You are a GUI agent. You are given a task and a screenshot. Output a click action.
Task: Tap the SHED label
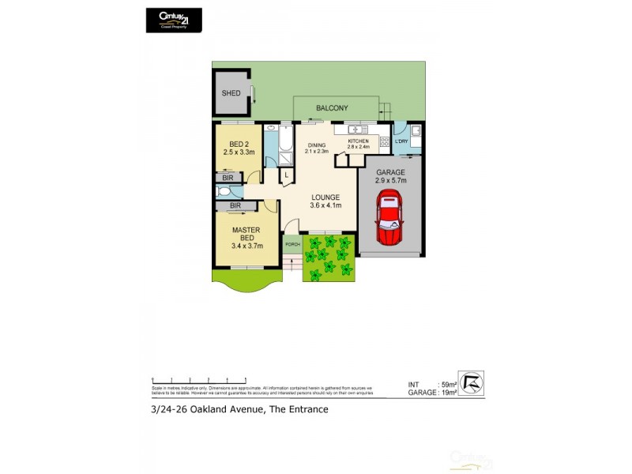click(231, 93)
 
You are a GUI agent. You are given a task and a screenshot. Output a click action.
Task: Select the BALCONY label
click(332, 108)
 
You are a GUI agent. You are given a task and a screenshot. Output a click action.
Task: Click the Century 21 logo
click(174, 20)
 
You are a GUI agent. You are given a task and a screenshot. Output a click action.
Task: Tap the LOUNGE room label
click(325, 197)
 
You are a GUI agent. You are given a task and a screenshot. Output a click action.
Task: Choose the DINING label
click(318, 145)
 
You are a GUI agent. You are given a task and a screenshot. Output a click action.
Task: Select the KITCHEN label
click(359, 141)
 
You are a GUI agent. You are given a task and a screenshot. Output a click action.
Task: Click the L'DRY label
click(401, 141)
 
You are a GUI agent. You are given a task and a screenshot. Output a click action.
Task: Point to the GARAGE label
click(390, 172)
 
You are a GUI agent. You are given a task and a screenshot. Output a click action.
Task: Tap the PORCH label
click(292, 244)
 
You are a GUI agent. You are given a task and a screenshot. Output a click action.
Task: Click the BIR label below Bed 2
click(228, 179)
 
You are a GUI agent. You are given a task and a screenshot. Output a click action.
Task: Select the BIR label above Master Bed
click(235, 206)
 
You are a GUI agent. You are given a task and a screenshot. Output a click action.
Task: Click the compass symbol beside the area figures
click(471, 384)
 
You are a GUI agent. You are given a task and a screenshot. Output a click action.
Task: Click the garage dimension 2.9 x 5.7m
click(390, 181)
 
